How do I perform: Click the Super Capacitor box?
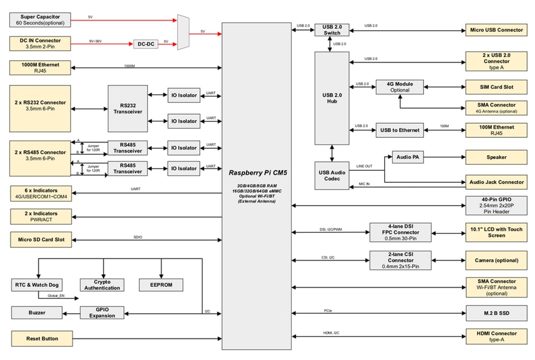pyautogui.click(x=40, y=20)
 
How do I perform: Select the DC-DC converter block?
pyautogui.click(x=146, y=44)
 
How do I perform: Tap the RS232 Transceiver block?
pyautogui.click(x=127, y=108)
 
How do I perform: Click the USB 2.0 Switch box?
pyautogui.click(x=331, y=30)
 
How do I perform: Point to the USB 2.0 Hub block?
pyautogui.click(x=331, y=98)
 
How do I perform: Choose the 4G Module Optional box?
pyautogui.click(x=400, y=87)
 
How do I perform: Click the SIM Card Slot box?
pyautogui.click(x=496, y=87)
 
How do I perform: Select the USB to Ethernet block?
pyautogui.click(x=400, y=130)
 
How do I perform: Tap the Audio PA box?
pyautogui.click(x=408, y=157)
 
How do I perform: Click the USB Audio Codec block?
pyautogui.click(x=331, y=176)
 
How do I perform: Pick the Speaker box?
pyautogui.click(x=496, y=157)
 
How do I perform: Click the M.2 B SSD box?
pyautogui.click(x=496, y=313)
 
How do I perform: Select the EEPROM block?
pyautogui.click(x=161, y=285)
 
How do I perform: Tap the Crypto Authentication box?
pyautogui.click(x=102, y=285)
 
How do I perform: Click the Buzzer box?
pyautogui.click(x=37, y=313)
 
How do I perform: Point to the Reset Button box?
pyautogui.click(x=42, y=338)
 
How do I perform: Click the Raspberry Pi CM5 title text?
pyautogui.click(x=256, y=173)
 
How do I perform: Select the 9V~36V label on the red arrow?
pyautogui.click(x=94, y=40)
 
